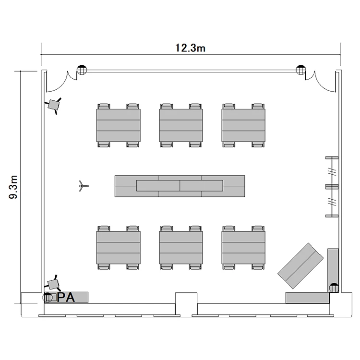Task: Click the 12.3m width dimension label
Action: click(x=190, y=48)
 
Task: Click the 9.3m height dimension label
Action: click(x=13, y=187)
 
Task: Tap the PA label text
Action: click(x=66, y=297)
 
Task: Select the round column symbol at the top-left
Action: click(x=82, y=70)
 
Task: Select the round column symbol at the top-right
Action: click(x=301, y=70)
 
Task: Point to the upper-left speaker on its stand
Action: click(x=53, y=105)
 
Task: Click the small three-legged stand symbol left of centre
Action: click(x=83, y=186)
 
